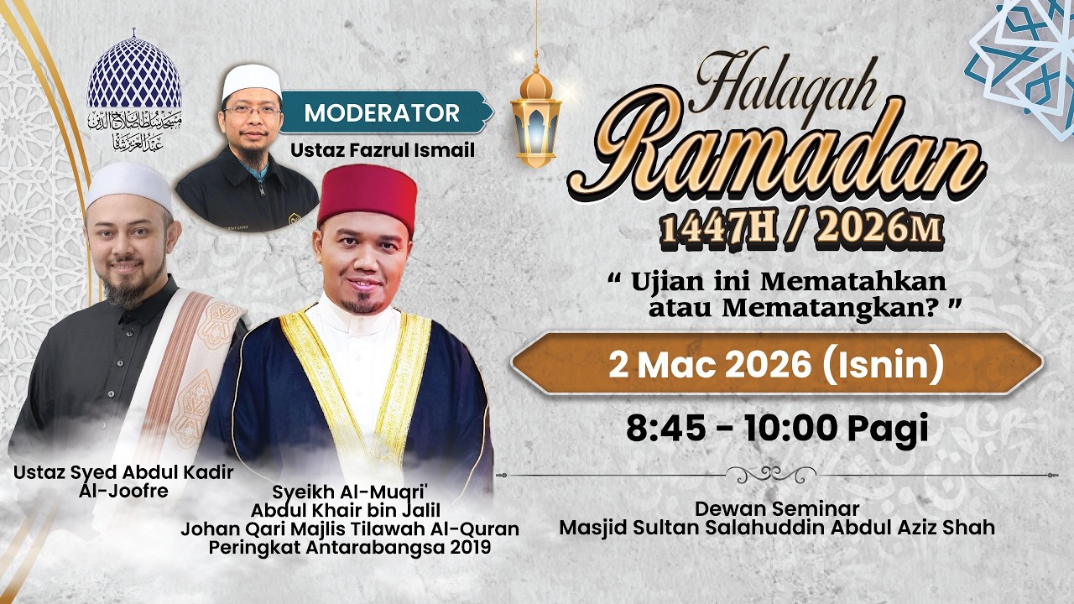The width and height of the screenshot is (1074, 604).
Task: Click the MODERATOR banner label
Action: click(x=382, y=113)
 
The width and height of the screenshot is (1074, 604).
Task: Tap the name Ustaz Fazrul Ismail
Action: click(x=383, y=151)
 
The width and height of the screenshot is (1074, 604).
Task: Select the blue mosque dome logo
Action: click(x=134, y=73)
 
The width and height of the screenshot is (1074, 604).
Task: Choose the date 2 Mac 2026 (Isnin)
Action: click(x=776, y=365)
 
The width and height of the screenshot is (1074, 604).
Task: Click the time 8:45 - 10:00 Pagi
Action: click(x=776, y=429)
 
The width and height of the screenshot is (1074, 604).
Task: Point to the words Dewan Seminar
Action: click(x=776, y=509)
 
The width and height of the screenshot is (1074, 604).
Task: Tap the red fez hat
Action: click(x=368, y=198)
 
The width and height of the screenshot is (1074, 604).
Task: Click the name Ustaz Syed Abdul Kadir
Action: click(x=123, y=472)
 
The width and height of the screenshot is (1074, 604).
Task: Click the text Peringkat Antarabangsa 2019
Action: click(x=350, y=548)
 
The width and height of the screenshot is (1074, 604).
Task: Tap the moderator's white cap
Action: click(x=251, y=81)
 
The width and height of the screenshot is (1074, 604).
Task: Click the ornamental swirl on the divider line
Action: click(x=770, y=474)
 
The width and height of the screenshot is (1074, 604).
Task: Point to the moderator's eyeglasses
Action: click(x=253, y=109)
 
